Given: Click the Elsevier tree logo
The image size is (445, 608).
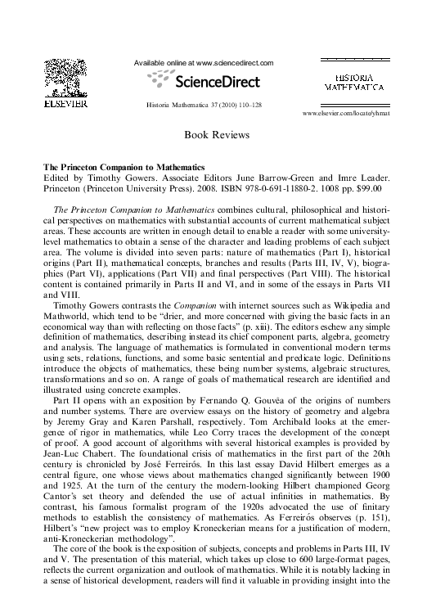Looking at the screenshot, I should (x=65, y=78).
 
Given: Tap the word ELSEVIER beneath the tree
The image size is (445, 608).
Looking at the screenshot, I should (x=65, y=105).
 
